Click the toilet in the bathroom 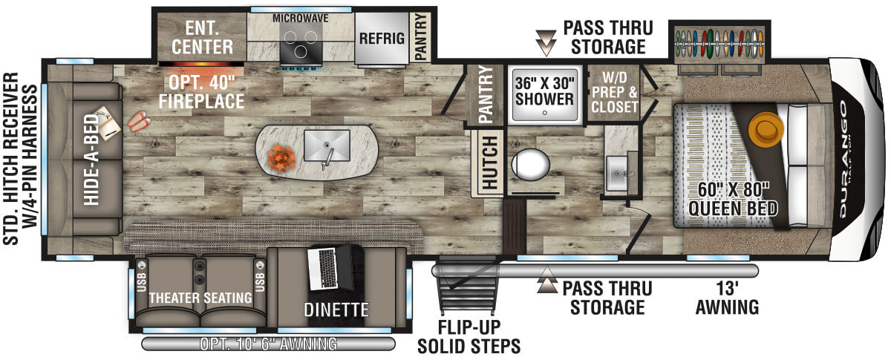(x=530, y=164)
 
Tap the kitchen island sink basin (x=327, y=145)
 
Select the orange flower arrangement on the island (x=281, y=158)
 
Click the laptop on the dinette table (x=330, y=267)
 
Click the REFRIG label (x=382, y=39)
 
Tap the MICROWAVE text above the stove (x=300, y=19)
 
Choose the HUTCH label (x=489, y=163)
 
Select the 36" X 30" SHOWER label (x=544, y=91)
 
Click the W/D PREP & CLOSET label (x=615, y=92)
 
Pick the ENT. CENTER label (x=203, y=38)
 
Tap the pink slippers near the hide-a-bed (x=139, y=121)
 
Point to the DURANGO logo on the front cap (x=843, y=159)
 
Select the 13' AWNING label (x=727, y=298)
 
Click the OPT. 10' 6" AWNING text (x=269, y=344)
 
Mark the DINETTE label (x=336, y=310)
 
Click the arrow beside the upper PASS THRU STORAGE (x=546, y=42)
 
